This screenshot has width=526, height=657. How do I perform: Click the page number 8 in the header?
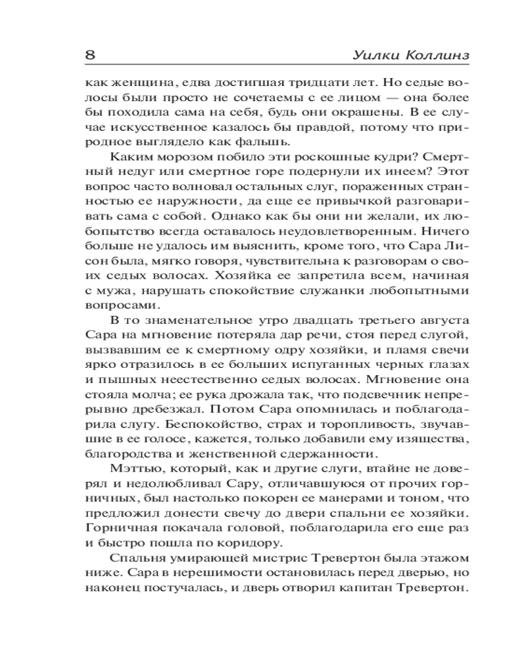[x=91, y=55]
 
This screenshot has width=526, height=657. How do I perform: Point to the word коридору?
[x=247, y=543]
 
